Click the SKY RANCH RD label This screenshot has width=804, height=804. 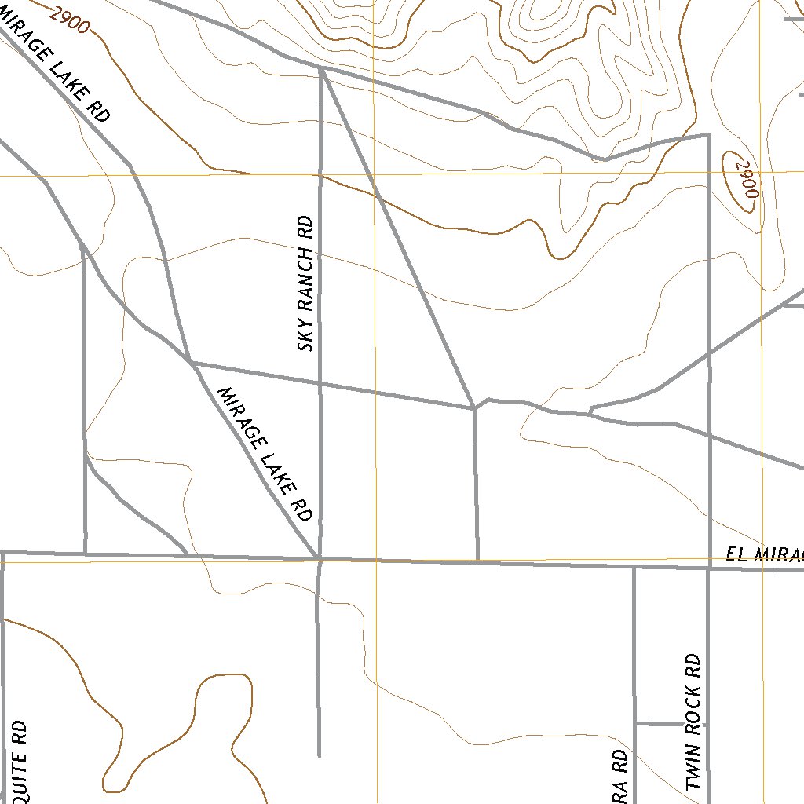point(305,283)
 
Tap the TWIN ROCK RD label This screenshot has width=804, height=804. point(693,721)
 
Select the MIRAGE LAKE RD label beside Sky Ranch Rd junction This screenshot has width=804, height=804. point(265,454)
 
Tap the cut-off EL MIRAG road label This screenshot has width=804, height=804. point(764,556)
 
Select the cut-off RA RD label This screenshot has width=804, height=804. point(619,776)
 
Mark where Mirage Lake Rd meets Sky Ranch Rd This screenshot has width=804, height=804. point(319,558)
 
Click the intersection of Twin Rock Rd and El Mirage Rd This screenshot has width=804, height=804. point(709,568)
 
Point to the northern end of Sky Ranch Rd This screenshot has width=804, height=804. point(322,68)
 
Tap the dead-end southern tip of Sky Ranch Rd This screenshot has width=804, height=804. point(319,755)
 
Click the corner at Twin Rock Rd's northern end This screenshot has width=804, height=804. point(710,134)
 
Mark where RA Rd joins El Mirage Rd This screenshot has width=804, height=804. point(634,567)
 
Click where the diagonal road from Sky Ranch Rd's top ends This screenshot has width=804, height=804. point(473,407)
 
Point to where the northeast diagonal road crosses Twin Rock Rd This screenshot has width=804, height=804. point(709,355)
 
